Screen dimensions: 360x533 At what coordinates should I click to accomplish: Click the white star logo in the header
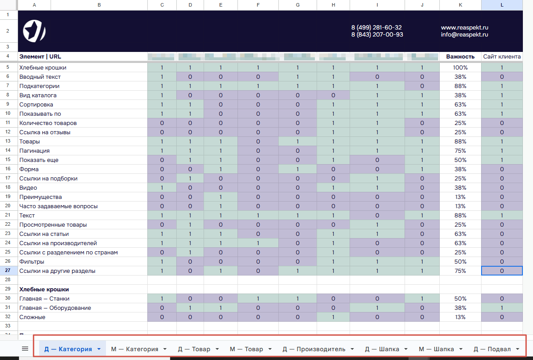(34, 31)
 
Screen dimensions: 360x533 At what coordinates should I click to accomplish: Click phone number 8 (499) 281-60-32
(376, 27)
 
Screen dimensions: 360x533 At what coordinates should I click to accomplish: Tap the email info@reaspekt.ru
(464, 34)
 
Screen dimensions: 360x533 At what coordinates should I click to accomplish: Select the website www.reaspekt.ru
(464, 27)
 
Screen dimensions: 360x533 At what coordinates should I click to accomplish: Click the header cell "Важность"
(460, 56)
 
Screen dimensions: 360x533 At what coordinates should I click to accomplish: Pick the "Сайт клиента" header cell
(502, 56)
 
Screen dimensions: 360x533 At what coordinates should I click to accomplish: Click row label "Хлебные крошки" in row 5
(43, 68)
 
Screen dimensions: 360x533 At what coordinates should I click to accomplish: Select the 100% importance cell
(460, 68)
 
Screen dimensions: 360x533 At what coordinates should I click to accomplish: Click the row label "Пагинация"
(34, 151)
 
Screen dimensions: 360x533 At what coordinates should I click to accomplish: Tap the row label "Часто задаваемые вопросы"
(58, 206)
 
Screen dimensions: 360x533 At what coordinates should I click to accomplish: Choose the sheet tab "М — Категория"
(135, 349)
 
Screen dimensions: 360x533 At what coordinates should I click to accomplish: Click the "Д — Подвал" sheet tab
(492, 349)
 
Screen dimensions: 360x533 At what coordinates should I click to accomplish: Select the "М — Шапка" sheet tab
(436, 349)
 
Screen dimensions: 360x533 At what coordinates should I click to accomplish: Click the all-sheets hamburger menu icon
(25, 349)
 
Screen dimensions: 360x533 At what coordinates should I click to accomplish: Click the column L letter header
(502, 5)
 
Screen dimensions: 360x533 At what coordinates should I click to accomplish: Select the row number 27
(8, 271)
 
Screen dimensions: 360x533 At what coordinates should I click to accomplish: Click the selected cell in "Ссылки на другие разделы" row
(502, 271)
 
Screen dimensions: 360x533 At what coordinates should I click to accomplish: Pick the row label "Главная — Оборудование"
(55, 308)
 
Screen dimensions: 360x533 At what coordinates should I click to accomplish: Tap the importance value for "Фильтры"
(460, 262)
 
